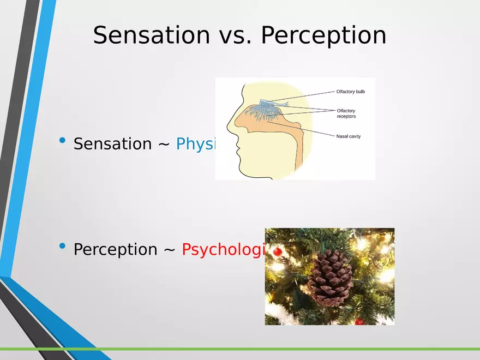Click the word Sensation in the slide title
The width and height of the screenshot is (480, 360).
click(151, 35)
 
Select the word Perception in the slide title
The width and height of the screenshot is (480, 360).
click(323, 35)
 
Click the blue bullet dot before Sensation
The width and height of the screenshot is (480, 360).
click(62, 142)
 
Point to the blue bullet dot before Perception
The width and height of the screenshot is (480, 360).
click(62, 247)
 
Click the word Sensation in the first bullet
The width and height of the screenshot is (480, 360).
click(112, 144)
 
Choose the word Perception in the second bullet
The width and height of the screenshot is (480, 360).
click(115, 249)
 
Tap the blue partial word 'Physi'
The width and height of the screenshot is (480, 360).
click(196, 144)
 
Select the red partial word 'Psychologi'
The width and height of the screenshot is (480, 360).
click(223, 250)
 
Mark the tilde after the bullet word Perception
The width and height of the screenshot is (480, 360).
click(169, 249)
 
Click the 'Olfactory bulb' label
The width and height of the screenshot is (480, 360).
click(350, 92)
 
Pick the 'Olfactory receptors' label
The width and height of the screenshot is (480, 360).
click(346, 113)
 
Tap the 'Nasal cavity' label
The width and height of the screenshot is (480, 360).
click(349, 136)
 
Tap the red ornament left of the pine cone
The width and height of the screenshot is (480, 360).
click(277, 251)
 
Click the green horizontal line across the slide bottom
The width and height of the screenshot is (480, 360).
click(273, 349)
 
